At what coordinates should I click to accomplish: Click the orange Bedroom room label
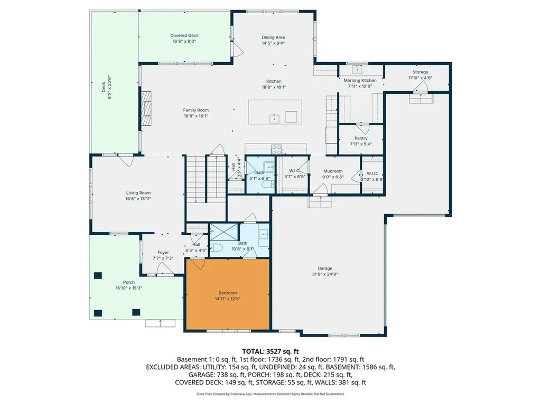tap(228, 293)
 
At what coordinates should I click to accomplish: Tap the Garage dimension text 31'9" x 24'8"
tap(329, 274)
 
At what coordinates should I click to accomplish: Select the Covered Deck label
tap(184, 35)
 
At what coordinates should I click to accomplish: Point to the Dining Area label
tap(273, 37)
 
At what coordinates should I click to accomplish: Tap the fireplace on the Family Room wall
tap(145, 109)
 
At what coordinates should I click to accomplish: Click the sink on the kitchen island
tap(275, 118)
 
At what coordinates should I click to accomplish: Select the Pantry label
tap(361, 138)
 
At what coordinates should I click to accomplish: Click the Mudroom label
tap(333, 171)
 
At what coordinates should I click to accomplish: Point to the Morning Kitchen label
tap(360, 80)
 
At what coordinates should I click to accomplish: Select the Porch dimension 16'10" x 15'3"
tap(129, 288)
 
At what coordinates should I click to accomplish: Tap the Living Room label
tap(138, 193)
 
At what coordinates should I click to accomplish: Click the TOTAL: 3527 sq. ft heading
tap(270, 351)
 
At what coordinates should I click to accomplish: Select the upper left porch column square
tap(98, 275)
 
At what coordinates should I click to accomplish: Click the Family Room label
tap(196, 110)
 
